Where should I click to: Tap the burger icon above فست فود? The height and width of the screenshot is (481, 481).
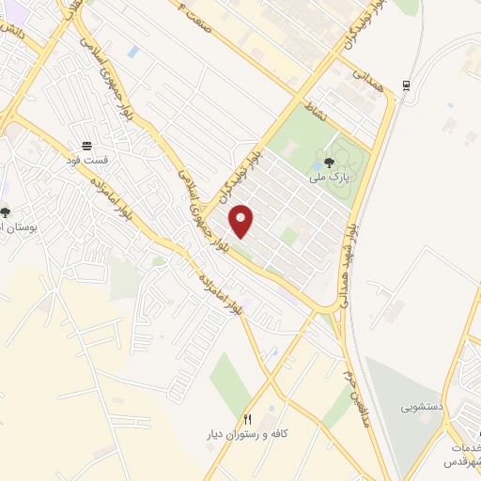point(87,146)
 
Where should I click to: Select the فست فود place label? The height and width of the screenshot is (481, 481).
point(87,161)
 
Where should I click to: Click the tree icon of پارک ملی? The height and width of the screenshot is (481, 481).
point(328,162)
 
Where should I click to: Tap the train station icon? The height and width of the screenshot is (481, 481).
point(406,85)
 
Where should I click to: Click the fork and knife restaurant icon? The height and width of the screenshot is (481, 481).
point(249,419)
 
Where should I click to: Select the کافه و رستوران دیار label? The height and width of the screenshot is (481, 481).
point(250,436)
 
